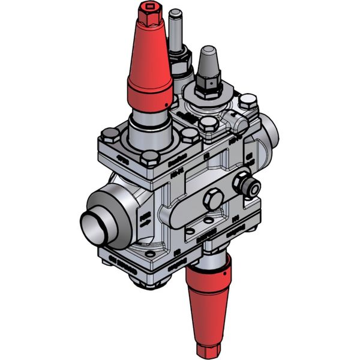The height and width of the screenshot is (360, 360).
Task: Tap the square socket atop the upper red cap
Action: (148, 10)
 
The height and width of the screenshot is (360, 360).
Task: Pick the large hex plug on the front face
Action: (213, 200)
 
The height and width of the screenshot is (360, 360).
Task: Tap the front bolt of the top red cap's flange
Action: (151, 160)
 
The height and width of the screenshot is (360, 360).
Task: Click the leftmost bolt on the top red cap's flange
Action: (109, 133)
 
